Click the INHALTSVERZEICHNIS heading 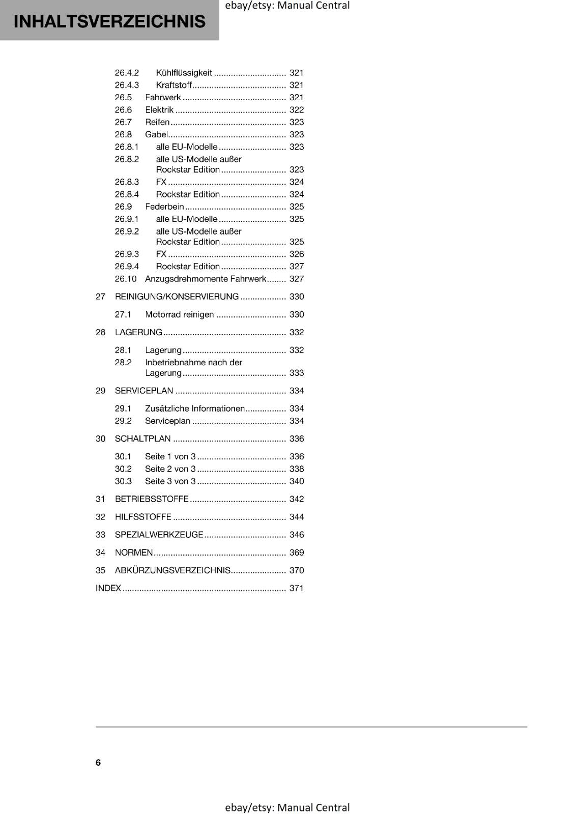point(109,21)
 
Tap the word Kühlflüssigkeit point(184,73)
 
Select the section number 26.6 point(123,110)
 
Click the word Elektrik point(159,110)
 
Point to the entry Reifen point(157,122)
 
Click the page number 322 point(296,110)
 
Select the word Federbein point(164,207)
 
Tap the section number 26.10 point(126,279)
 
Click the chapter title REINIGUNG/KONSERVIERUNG point(177,297)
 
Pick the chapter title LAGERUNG point(138,332)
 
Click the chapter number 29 point(101,391)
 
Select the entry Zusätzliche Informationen point(195,409)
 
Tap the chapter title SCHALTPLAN point(142,439)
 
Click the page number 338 point(296,469)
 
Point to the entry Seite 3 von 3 point(170,481)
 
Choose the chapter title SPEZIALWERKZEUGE point(159,535)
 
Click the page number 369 point(296,553)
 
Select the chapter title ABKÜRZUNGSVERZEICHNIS point(172,570)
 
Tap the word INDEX point(108,588)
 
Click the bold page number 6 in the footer point(98,762)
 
